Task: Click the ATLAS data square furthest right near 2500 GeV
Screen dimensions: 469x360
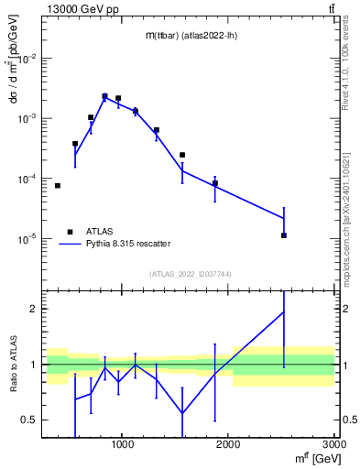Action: (284, 235)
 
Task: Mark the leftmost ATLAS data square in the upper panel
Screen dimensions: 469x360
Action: (58, 186)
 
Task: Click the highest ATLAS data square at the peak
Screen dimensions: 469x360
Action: (104, 95)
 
